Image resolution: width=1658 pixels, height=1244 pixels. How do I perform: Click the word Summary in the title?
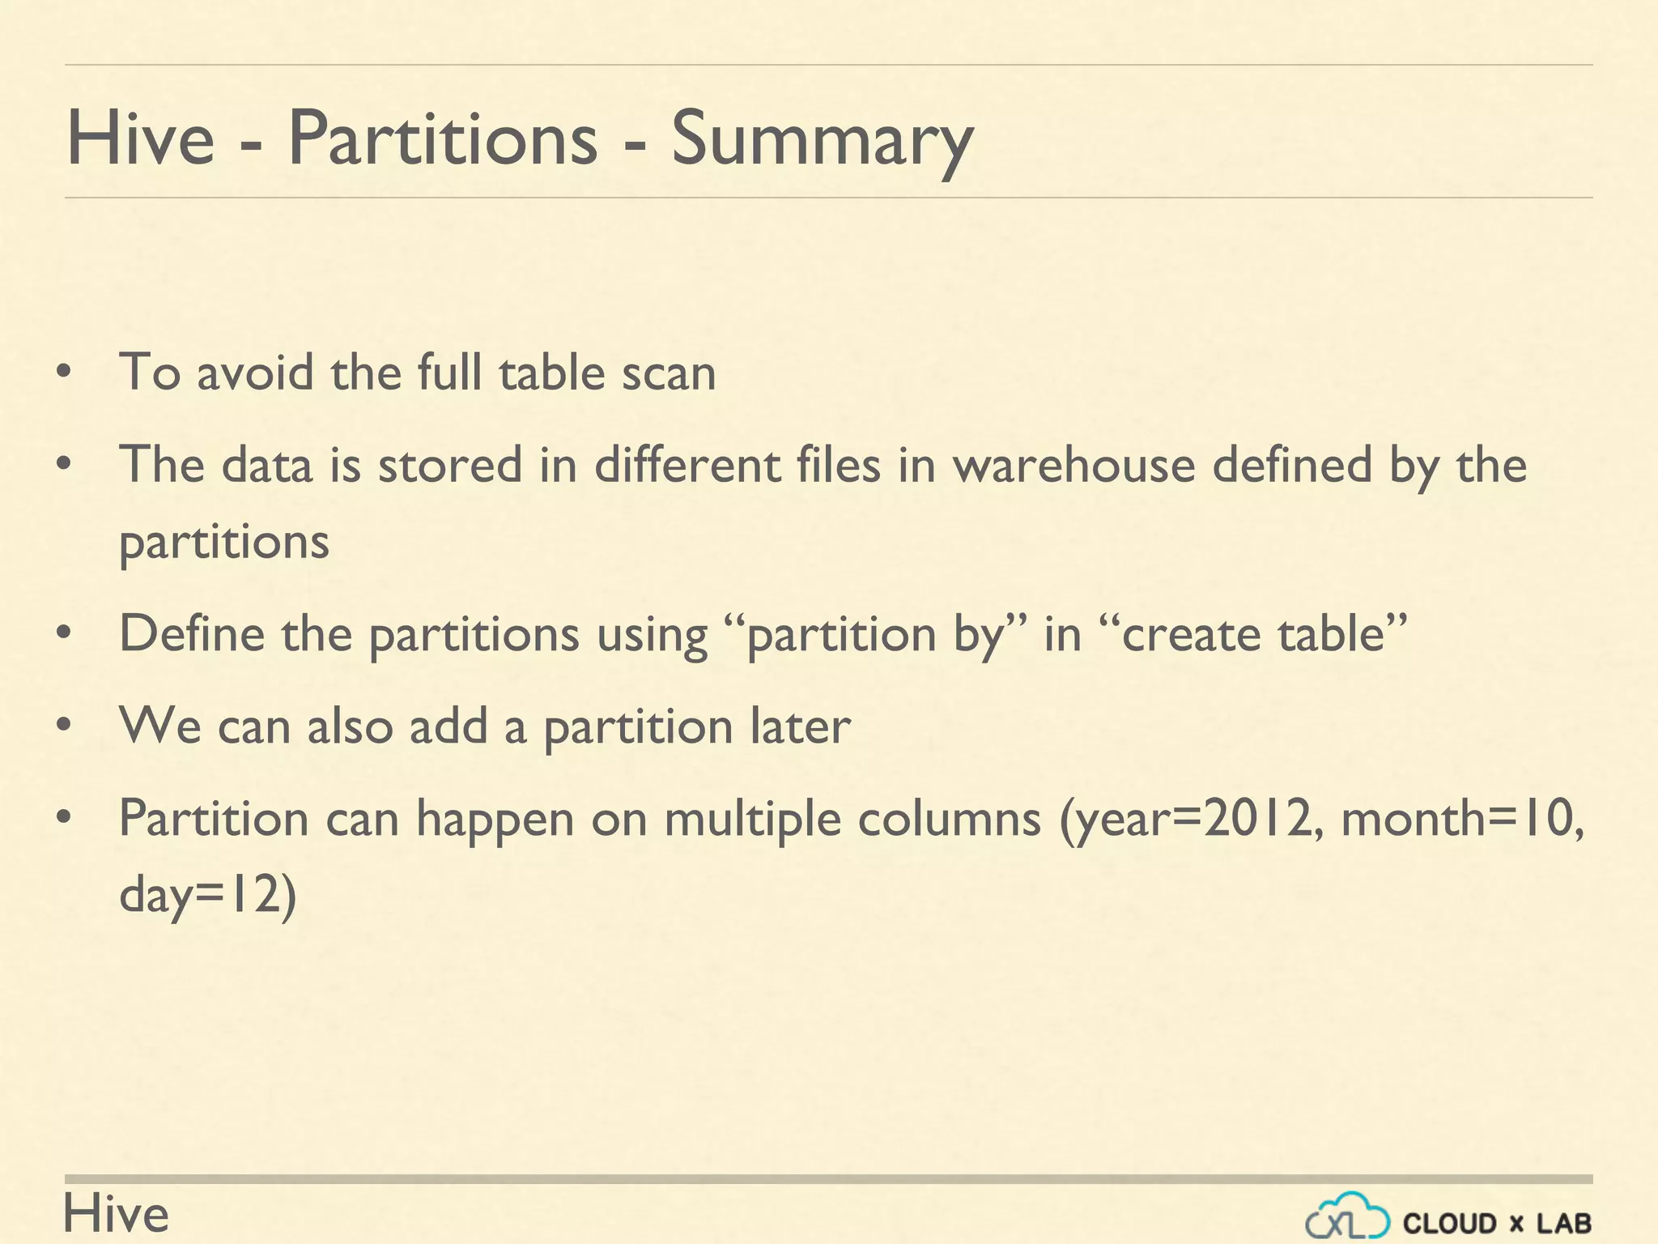(x=822, y=139)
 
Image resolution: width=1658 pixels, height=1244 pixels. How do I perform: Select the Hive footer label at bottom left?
(x=116, y=1214)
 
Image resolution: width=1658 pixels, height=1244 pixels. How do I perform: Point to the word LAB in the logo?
(x=1564, y=1223)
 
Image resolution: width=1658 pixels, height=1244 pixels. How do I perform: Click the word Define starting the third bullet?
(x=191, y=633)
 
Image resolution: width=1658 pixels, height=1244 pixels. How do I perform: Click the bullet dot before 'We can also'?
(x=65, y=722)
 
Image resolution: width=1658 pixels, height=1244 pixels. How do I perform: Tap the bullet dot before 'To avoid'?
(x=65, y=373)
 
